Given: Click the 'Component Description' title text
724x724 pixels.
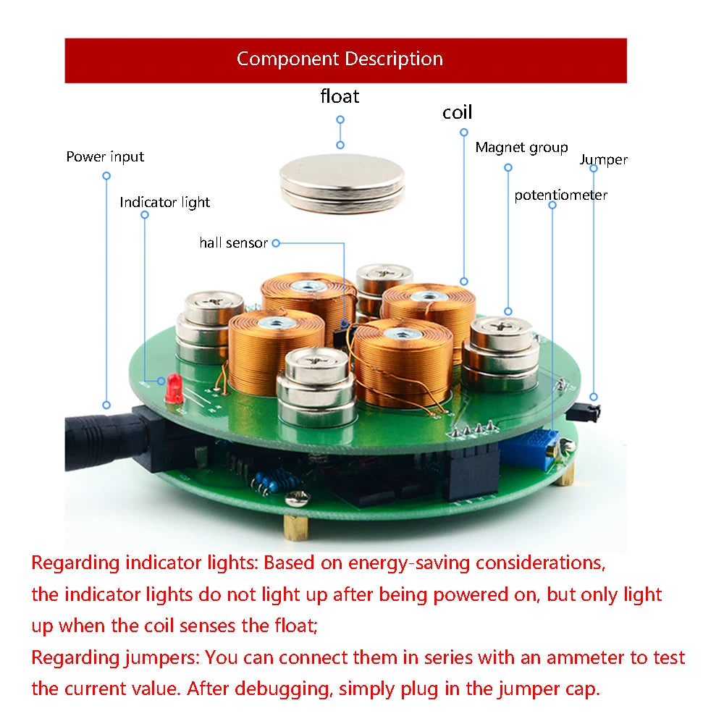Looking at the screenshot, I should point(340,59).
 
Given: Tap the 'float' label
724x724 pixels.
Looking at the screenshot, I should point(340,96).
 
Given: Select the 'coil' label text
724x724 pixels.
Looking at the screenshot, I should point(457,112).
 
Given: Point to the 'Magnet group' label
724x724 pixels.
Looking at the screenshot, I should point(521,148).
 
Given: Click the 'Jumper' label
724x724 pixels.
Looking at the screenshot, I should point(603,159).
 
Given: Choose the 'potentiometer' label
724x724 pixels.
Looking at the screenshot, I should point(560,195).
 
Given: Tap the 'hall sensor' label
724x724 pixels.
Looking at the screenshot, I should point(233,243).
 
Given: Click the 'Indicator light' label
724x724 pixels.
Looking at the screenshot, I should point(164,203).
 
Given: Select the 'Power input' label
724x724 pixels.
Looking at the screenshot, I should point(105,156).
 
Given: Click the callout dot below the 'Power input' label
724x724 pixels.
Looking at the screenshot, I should point(106,176).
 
